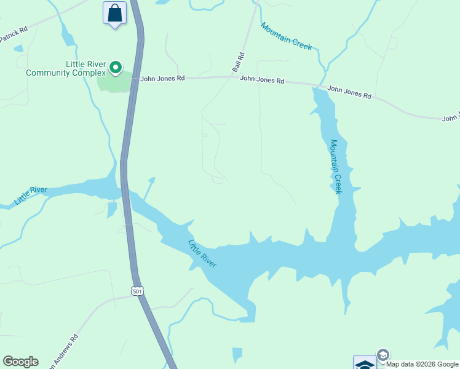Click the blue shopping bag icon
(114, 13)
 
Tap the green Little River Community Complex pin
(116, 66)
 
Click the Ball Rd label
(239, 63)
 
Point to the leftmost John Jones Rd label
(162, 79)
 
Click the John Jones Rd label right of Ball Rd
(262, 79)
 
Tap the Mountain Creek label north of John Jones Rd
(286, 36)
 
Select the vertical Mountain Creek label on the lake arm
(335, 167)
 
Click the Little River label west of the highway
(31, 195)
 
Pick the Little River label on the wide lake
(202, 253)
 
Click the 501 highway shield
(137, 290)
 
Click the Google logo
(20, 362)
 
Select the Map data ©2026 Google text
(422, 364)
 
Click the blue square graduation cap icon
(364, 363)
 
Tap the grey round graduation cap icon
(383, 355)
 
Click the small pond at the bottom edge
(237, 355)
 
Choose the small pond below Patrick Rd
(18, 48)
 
